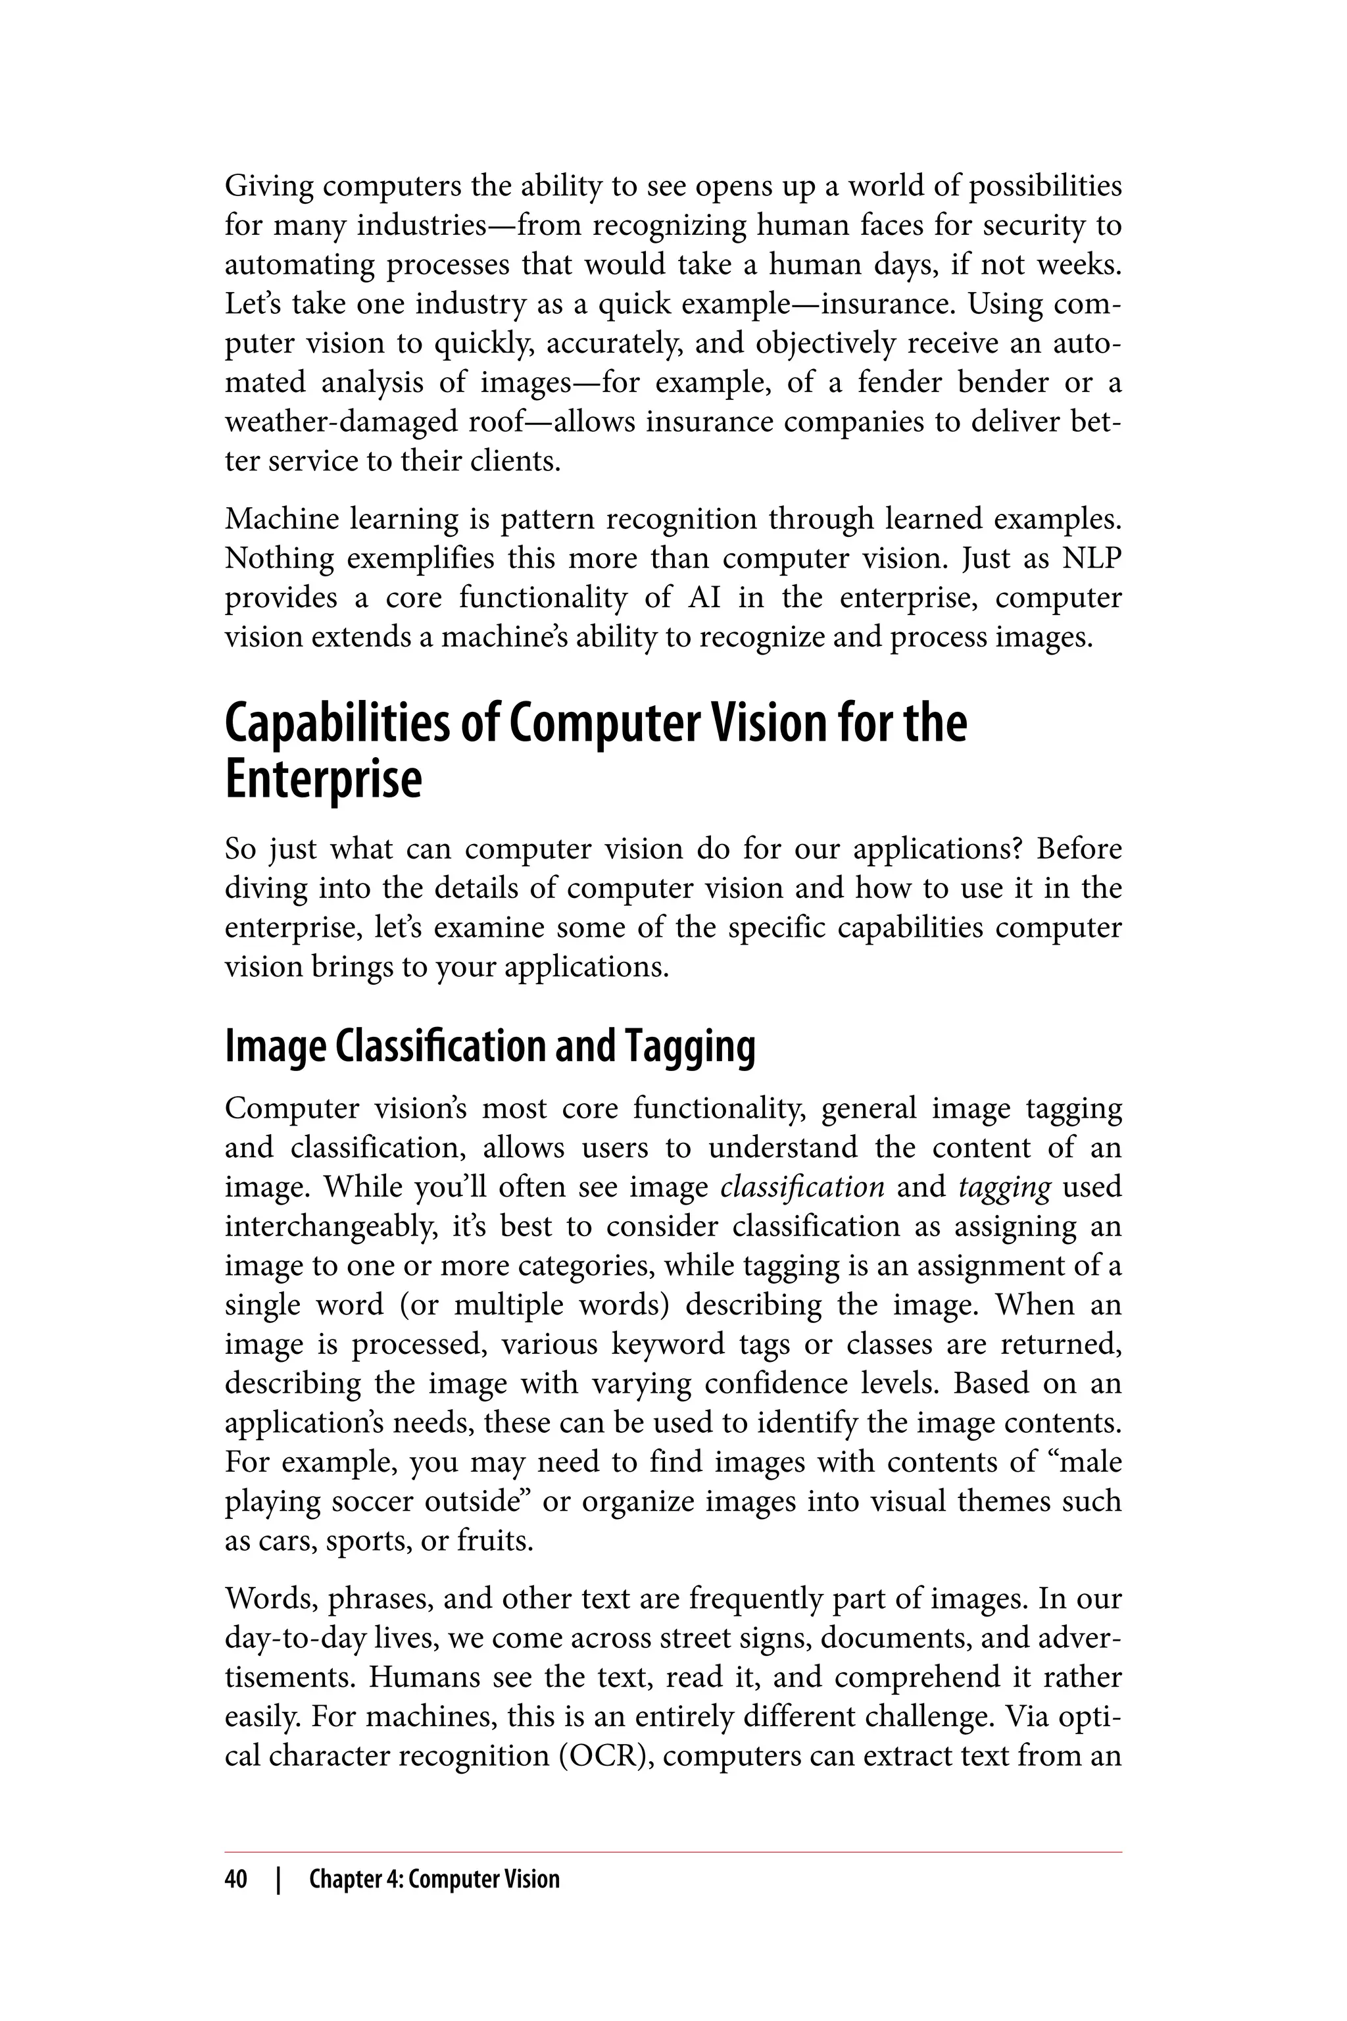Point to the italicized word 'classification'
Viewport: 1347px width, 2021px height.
pyautogui.click(x=802, y=1187)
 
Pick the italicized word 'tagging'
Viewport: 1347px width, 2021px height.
pyautogui.click(x=1004, y=1187)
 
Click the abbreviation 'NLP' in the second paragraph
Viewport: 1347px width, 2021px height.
pyautogui.click(x=1091, y=559)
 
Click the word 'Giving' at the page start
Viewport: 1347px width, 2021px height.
pyautogui.click(x=268, y=186)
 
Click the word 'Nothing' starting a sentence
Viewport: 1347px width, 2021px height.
pyautogui.click(x=278, y=559)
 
